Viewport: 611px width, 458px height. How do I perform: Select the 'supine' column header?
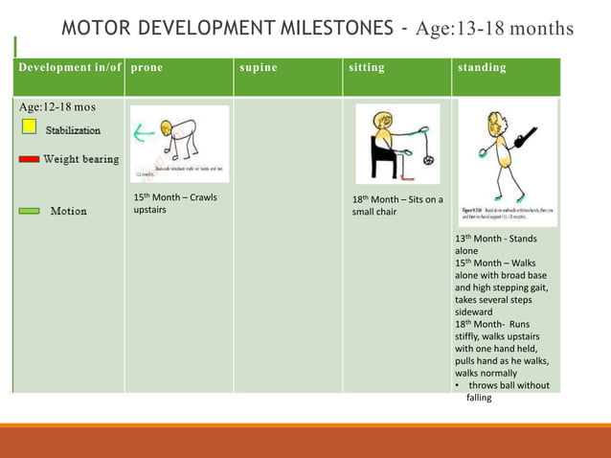tap(258, 68)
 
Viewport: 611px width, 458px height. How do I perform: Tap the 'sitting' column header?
tap(367, 68)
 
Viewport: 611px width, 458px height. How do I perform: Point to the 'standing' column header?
tap(482, 68)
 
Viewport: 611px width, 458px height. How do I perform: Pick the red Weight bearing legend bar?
tap(29, 160)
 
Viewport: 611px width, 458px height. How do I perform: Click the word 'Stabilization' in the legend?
tap(73, 129)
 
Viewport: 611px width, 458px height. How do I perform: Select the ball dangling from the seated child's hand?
tap(427, 159)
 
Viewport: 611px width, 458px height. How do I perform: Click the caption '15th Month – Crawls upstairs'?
tap(175, 203)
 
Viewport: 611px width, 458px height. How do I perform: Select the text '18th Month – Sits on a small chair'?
tap(396, 205)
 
